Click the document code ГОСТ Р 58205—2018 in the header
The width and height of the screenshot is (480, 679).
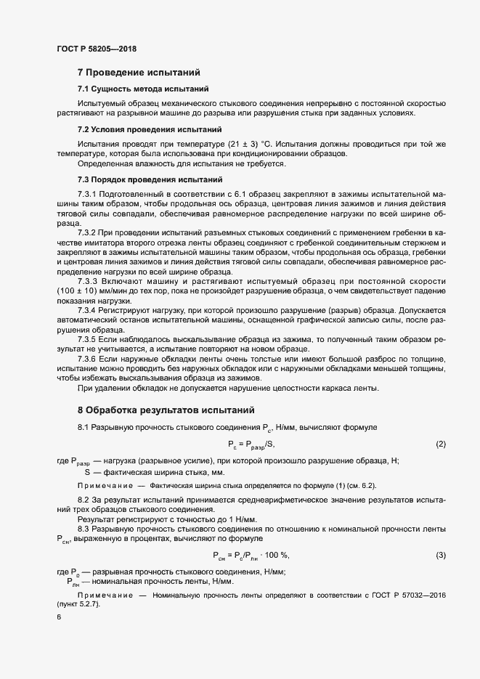pos(96,49)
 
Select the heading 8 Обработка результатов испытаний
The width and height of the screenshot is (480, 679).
pos(166,410)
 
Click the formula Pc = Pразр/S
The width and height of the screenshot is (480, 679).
pos(251,444)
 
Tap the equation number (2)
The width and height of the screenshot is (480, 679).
pos(440,444)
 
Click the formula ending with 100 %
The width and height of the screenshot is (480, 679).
pos(251,556)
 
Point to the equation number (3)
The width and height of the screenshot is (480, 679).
pos(440,556)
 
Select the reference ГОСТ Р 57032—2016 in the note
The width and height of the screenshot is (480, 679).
pos(407,595)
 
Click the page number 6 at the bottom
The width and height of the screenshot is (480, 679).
pos(59,617)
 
